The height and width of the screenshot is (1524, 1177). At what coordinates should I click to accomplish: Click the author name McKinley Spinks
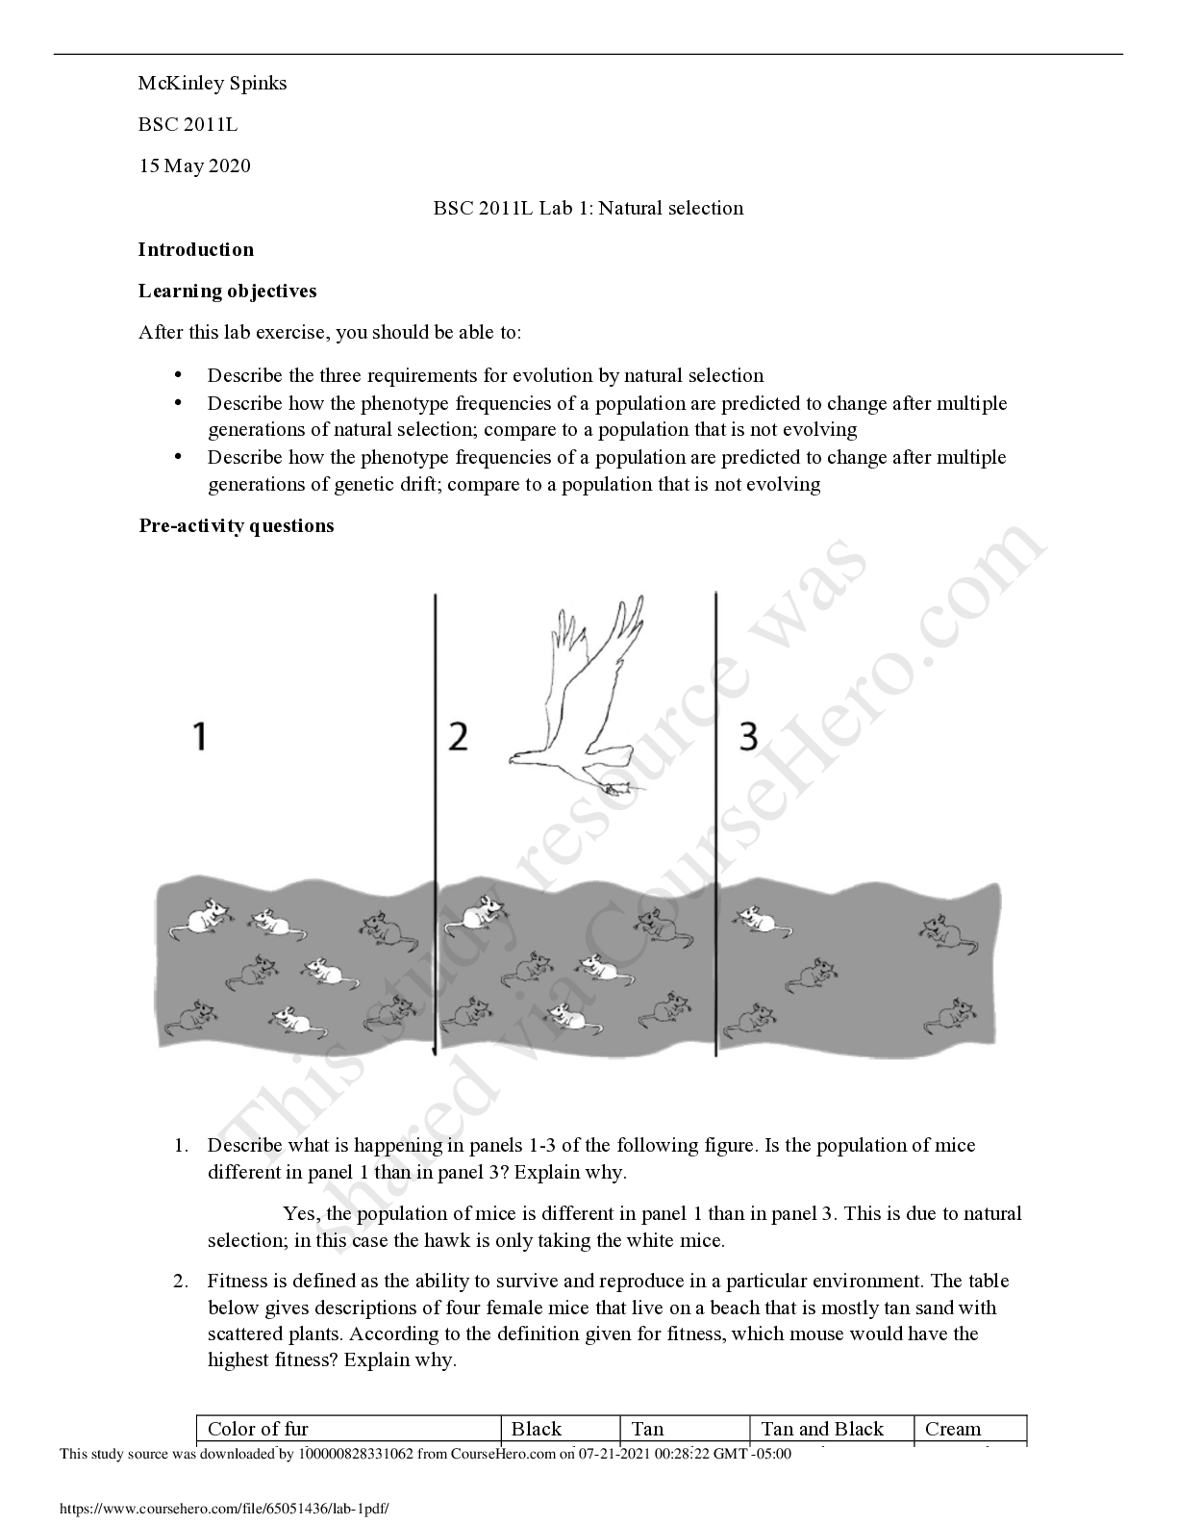tap(213, 84)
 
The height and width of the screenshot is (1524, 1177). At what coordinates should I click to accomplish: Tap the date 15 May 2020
tap(195, 166)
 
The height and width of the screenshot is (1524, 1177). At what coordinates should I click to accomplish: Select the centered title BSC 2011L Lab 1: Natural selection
tap(588, 208)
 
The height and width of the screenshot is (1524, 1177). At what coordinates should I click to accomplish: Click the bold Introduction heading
tap(195, 250)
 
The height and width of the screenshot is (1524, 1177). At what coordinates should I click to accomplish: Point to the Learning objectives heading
tap(227, 292)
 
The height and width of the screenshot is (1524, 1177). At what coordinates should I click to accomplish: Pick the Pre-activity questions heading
tap(237, 526)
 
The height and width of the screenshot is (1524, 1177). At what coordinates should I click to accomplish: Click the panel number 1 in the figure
tap(200, 737)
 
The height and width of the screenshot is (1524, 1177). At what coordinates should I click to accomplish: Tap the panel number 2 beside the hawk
tap(458, 737)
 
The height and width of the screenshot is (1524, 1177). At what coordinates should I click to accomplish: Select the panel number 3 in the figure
tap(749, 737)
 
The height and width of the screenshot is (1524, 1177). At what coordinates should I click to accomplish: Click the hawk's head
tap(520, 758)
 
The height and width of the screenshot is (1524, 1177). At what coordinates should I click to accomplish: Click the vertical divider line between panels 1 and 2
tap(436, 825)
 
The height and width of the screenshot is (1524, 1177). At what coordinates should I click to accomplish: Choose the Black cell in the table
tap(560, 1430)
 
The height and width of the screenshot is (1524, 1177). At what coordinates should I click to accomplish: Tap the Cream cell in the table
tap(970, 1430)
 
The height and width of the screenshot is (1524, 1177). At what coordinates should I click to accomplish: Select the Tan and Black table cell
tap(832, 1430)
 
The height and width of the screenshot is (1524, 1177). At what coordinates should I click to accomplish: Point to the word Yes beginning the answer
tap(300, 1214)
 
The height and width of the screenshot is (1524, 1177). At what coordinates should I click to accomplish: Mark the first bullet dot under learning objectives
tap(178, 376)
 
